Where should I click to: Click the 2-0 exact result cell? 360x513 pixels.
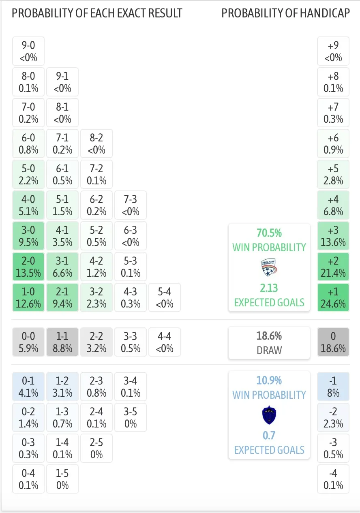28,267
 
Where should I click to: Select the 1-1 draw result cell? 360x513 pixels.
62,342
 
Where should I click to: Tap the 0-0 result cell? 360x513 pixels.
28,342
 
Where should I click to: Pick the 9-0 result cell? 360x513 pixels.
28,51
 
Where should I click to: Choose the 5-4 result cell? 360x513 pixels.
165,297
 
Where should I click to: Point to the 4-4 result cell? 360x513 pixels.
165,342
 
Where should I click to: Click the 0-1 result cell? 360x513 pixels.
28,387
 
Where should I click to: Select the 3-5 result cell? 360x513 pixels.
131,417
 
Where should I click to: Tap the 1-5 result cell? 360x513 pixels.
62,479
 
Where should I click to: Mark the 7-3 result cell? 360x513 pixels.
131,205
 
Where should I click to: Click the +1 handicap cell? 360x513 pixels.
333,297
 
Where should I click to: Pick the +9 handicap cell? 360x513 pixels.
333,51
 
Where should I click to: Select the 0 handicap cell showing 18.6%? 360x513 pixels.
333,342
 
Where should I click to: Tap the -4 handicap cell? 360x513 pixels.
333,479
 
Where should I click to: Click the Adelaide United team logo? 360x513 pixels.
269,267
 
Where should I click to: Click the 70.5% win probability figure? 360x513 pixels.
269,233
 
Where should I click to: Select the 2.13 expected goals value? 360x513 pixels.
269,288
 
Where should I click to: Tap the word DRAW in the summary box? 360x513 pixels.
269,350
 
